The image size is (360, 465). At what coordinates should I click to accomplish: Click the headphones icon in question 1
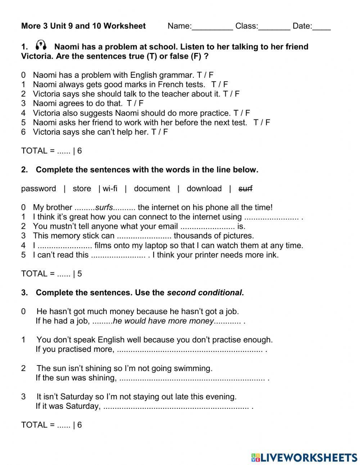click(41, 45)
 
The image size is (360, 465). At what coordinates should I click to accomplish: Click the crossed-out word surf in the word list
click(246, 188)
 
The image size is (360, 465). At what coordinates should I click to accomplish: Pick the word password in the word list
click(39, 188)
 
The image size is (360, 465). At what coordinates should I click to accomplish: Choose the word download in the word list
click(204, 188)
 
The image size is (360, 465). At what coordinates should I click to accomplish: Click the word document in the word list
click(152, 188)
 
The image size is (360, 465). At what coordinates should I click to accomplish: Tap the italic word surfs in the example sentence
click(104, 207)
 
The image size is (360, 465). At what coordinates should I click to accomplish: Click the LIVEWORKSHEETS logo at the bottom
click(304, 457)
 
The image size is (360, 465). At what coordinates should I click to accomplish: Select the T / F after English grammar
click(205, 75)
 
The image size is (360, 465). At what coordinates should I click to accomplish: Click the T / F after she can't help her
click(159, 132)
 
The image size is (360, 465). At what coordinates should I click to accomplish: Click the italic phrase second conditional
click(204, 292)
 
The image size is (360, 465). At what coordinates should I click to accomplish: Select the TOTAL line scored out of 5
click(51, 274)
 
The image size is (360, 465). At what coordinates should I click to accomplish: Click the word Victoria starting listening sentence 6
click(46, 132)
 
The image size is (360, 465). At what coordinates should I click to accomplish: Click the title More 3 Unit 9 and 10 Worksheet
click(84, 26)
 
